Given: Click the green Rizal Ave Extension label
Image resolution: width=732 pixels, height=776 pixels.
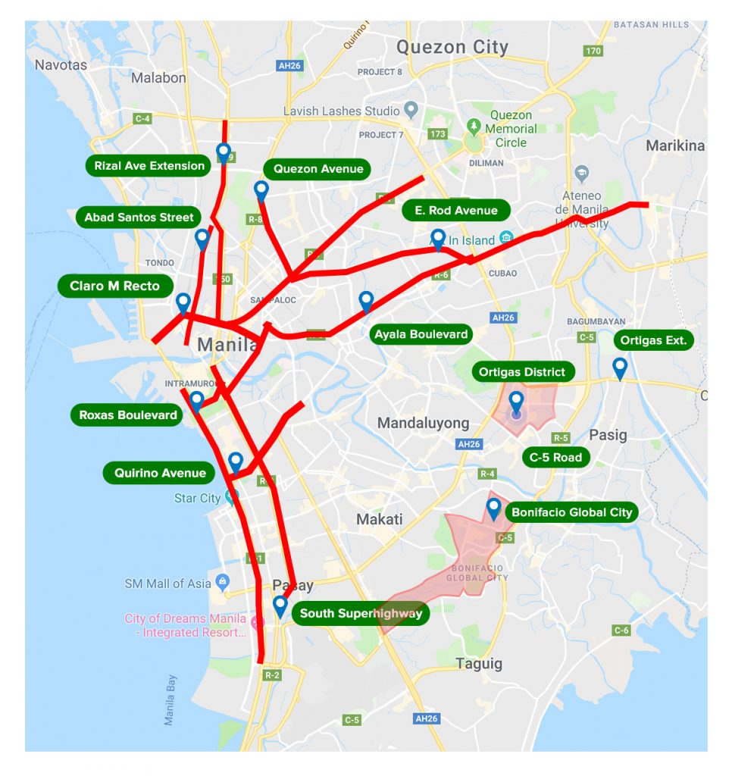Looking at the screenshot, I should pyautogui.click(x=149, y=166).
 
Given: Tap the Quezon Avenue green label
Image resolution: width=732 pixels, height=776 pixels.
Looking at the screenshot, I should pyautogui.click(x=318, y=169).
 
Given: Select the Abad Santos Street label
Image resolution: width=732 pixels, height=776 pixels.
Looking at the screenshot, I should pyautogui.click(x=139, y=217).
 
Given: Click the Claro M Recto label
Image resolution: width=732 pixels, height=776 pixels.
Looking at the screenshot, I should pyautogui.click(x=115, y=286).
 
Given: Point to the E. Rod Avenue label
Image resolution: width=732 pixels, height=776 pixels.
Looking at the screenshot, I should pyautogui.click(x=456, y=210).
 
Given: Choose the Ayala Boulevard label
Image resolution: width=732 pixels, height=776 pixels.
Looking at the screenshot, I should pyautogui.click(x=421, y=334).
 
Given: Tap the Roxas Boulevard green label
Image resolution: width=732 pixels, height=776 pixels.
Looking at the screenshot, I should pyautogui.click(x=127, y=415).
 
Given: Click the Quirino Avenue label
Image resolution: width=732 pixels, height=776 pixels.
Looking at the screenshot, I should pyautogui.click(x=160, y=473).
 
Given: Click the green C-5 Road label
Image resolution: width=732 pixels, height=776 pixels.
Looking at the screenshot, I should pyautogui.click(x=555, y=457).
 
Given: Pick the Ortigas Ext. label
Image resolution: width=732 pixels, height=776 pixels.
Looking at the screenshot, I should pyautogui.click(x=653, y=340).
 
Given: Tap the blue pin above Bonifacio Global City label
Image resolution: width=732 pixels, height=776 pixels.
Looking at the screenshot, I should pyautogui.click(x=494, y=508).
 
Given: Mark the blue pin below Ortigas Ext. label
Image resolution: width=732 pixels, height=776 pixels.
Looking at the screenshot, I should pyautogui.click(x=620, y=368).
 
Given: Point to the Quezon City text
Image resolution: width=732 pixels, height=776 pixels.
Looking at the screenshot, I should pyautogui.click(x=452, y=47).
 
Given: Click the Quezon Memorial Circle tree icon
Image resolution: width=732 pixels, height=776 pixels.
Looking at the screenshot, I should pyautogui.click(x=474, y=124).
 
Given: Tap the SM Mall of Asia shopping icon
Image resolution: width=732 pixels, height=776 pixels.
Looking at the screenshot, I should pyautogui.click(x=222, y=583).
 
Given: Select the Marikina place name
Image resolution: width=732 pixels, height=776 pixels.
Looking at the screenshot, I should pyautogui.click(x=674, y=145).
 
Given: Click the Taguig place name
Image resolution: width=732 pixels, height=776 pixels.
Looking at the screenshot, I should pyautogui.click(x=479, y=664).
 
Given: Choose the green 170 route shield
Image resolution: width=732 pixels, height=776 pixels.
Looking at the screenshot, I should pyautogui.click(x=593, y=51).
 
